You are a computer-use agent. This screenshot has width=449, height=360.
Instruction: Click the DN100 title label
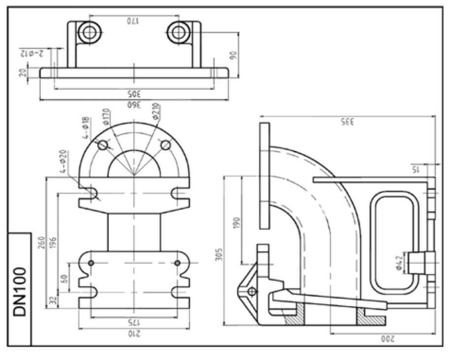[20, 292]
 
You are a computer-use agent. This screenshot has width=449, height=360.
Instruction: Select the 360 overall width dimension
[134, 105]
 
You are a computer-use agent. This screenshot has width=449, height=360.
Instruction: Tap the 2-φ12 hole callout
[32, 53]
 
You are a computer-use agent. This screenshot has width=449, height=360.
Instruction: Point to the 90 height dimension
[234, 55]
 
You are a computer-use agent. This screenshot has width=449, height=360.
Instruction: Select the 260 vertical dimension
[41, 242]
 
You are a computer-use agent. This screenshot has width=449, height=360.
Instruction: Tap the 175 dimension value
[134, 323]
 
